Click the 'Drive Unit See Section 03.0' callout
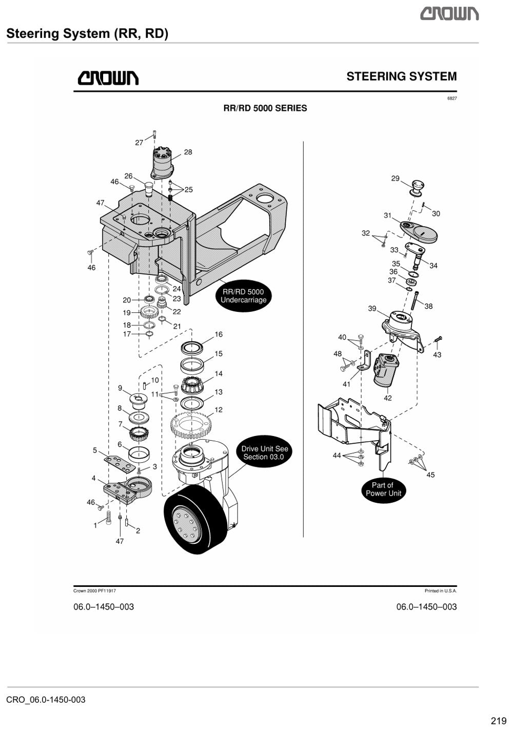click(x=264, y=452)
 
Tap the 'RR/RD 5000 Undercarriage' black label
click(x=244, y=296)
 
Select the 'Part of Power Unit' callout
click(x=383, y=489)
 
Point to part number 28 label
click(x=188, y=152)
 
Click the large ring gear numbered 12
click(x=192, y=425)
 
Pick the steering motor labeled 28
click(x=162, y=163)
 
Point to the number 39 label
click(x=372, y=308)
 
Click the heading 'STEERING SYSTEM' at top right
click(x=401, y=76)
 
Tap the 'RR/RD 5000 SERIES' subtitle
click(x=265, y=108)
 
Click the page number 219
click(x=499, y=721)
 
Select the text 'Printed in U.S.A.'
click(x=441, y=590)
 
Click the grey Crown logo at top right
click(x=449, y=14)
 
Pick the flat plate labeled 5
click(x=120, y=463)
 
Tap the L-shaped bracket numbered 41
click(x=365, y=360)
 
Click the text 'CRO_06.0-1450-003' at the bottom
click(x=46, y=700)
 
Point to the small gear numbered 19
click(x=151, y=313)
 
